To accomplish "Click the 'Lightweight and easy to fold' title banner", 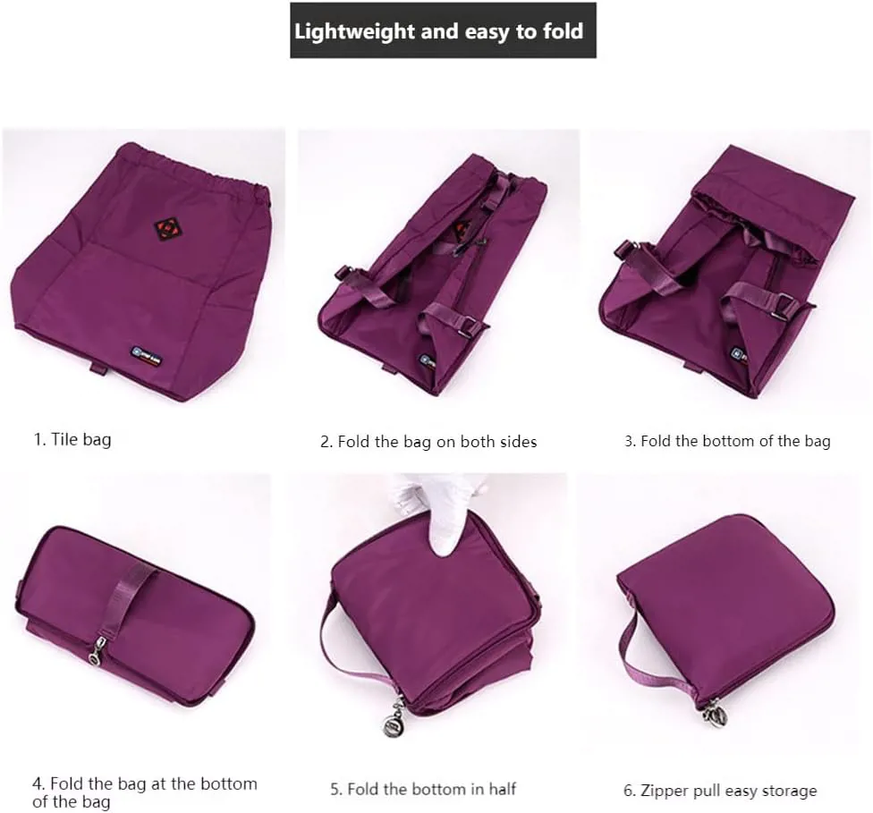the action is click(x=443, y=30).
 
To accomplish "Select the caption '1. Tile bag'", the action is click(x=72, y=439).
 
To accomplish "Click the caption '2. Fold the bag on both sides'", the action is click(x=428, y=442).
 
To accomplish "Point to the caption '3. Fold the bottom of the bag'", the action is click(x=727, y=442).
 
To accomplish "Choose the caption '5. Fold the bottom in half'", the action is click(x=423, y=789).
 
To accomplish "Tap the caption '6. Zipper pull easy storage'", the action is click(x=720, y=791).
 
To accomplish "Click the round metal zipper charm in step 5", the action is click(x=394, y=724).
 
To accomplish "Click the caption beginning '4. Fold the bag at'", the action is click(x=145, y=792).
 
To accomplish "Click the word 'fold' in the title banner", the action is click(x=563, y=30).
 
